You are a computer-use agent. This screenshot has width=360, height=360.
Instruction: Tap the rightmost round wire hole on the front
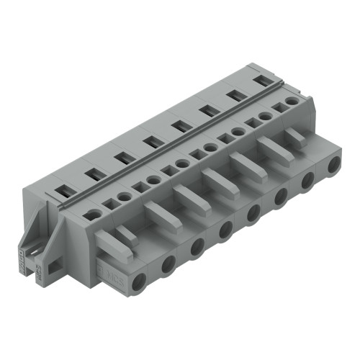point(333,167)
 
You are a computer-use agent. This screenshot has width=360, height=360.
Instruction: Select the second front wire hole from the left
point(168,264)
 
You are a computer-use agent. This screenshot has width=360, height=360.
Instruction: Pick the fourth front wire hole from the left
point(226,230)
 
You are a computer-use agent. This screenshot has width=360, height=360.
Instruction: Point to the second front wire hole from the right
point(308,181)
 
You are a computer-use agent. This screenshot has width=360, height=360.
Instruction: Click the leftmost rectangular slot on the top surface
point(63,191)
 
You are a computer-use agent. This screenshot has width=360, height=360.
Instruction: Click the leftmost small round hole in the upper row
point(93,214)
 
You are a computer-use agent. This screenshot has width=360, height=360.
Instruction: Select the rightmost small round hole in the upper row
point(292,102)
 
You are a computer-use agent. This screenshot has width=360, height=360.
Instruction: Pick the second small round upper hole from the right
point(265,115)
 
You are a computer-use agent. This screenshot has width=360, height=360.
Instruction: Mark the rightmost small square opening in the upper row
point(278,109)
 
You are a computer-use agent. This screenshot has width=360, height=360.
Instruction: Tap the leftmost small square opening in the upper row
point(109,204)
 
